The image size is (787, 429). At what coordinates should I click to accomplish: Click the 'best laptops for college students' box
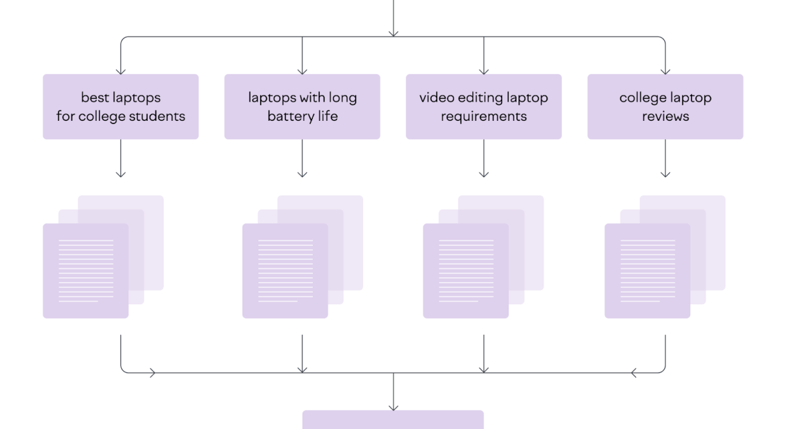(x=120, y=107)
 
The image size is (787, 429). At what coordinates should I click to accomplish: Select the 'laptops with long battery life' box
(x=302, y=107)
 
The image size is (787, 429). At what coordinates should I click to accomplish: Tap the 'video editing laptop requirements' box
(x=484, y=107)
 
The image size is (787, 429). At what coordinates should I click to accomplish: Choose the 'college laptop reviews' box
(x=665, y=107)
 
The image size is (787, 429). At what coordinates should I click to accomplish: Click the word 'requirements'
(x=484, y=117)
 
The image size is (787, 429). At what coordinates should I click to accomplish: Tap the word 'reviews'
(x=665, y=116)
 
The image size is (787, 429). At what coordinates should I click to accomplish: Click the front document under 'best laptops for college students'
(x=86, y=270)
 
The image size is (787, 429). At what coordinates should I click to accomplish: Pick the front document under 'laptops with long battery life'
(x=285, y=270)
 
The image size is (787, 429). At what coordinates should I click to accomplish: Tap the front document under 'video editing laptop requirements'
(x=466, y=270)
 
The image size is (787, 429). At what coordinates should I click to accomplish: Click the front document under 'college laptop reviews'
(x=648, y=270)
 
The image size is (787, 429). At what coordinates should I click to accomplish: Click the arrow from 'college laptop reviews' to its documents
(x=665, y=159)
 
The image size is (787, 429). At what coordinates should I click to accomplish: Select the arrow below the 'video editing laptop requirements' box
(x=484, y=159)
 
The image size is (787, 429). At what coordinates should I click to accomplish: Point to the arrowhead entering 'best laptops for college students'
(x=120, y=72)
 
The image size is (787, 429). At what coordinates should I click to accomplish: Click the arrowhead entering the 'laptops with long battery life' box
(x=302, y=72)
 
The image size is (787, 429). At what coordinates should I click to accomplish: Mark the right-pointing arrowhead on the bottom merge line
(x=152, y=373)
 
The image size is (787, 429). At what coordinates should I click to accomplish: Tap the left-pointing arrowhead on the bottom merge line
(x=634, y=373)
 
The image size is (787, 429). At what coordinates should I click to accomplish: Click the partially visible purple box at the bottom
(x=393, y=419)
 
